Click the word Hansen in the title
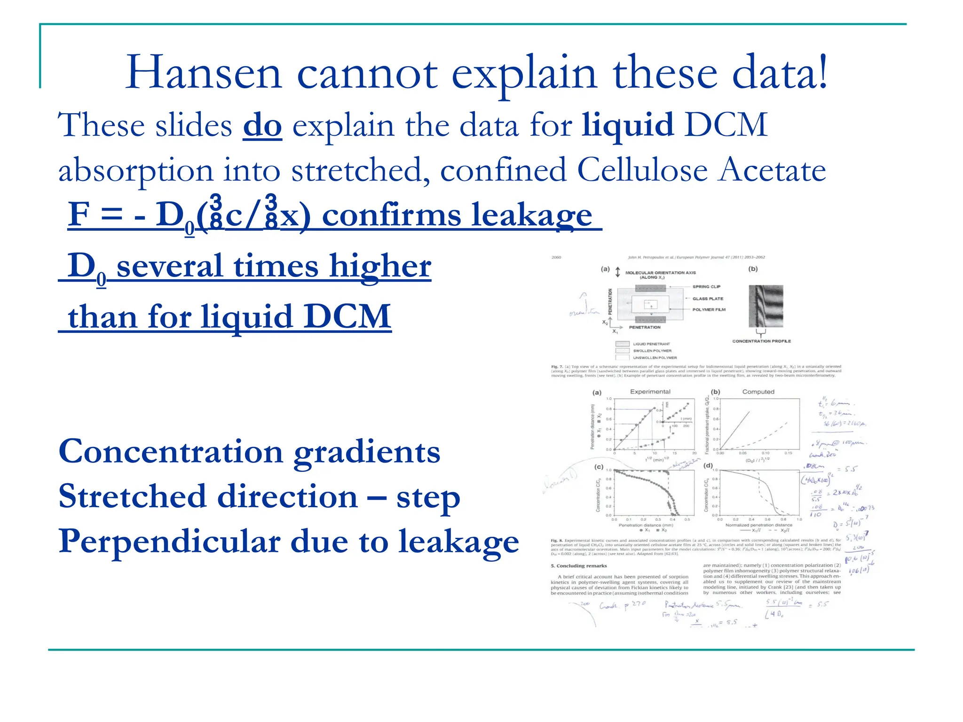203,73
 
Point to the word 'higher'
380,266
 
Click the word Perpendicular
169,541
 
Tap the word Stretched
132,496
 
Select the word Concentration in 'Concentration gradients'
171,451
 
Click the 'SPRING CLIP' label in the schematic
706,286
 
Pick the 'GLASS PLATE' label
708,298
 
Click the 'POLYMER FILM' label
709,309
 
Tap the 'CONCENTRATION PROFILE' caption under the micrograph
761,341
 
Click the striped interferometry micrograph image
766,306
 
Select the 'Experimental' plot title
650,392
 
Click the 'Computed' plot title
758,392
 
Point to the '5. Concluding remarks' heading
578,565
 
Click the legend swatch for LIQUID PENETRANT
622,344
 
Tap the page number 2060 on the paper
556,257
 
